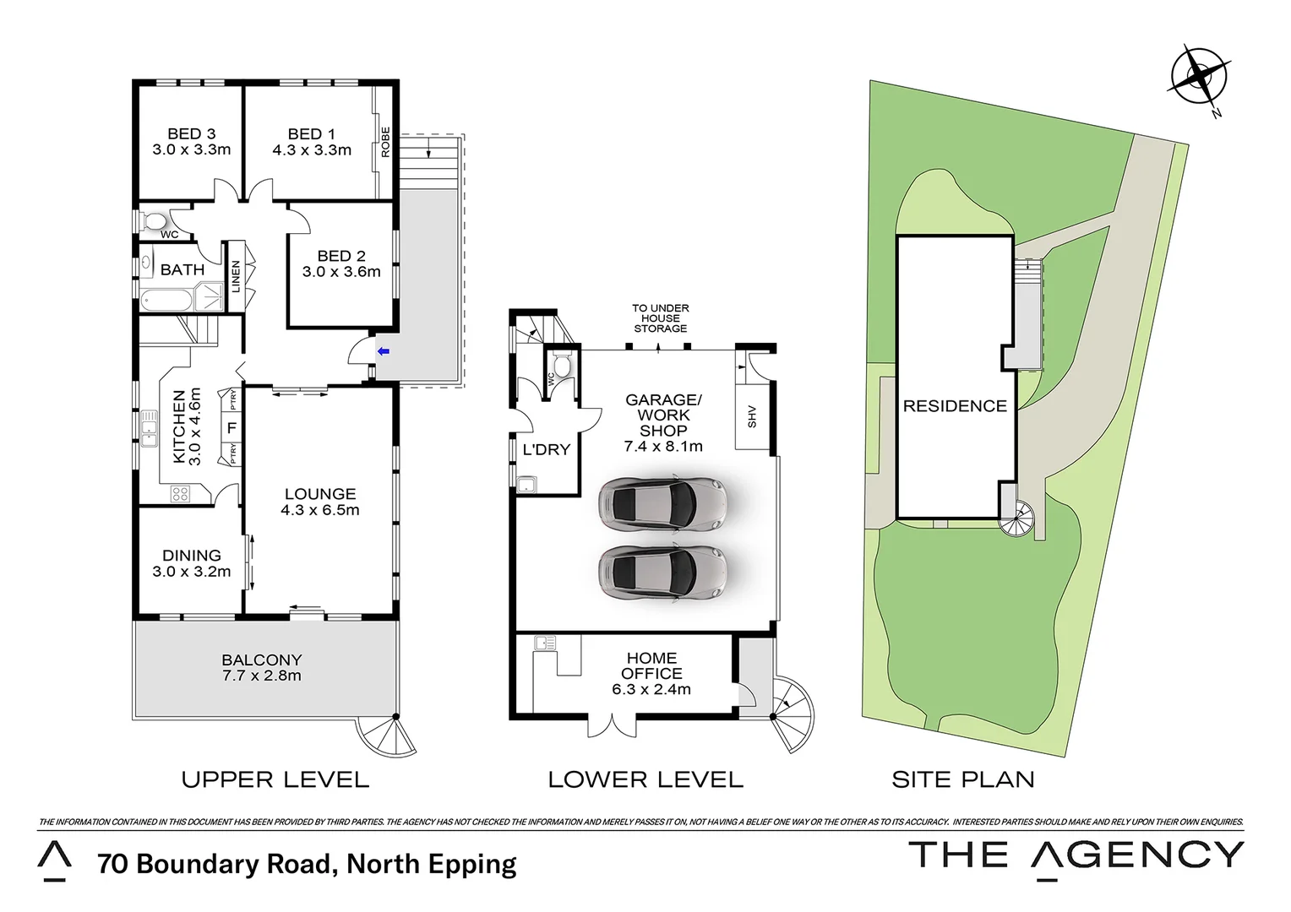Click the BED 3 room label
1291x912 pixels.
pyautogui.click(x=191, y=133)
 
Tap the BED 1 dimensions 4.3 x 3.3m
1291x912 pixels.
pyautogui.click(x=312, y=150)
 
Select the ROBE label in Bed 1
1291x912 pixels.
pyautogui.click(x=385, y=142)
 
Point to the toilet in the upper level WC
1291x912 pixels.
pyautogui.click(x=155, y=222)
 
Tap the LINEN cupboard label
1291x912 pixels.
pyautogui.click(x=236, y=277)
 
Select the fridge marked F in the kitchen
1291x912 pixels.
pyautogui.click(x=231, y=428)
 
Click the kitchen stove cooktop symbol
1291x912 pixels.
pyautogui.click(x=180, y=494)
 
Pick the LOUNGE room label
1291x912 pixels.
pyautogui.click(x=320, y=494)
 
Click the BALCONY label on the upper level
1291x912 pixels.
pyautogui.click(x=262, y=660)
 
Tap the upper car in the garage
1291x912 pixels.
pyautogui.click(x=662, y=504)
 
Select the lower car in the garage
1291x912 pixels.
pyautogui.click(x=662, y=573)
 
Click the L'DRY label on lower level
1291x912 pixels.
pyautogui.click(x=547, y=450)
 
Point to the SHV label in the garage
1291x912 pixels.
pyautogui.click(x=752, y=416)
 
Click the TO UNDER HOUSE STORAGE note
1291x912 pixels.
pyautogui.click(x=661, y=318)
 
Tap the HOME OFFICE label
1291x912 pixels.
pyautogui.click(x=651, y=665)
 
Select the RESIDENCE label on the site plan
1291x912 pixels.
pyautogui.click(x=955, y=406)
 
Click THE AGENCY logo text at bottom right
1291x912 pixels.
pyautogui.click(x=1076, y=855)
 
